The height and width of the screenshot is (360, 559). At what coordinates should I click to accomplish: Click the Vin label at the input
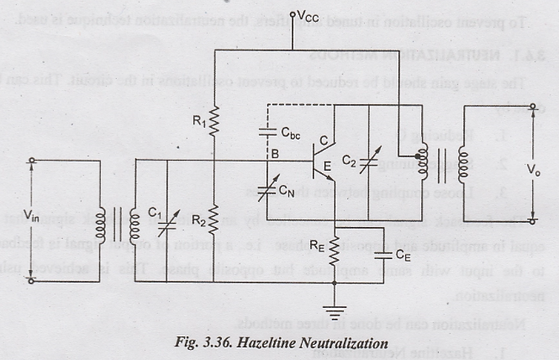32,218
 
